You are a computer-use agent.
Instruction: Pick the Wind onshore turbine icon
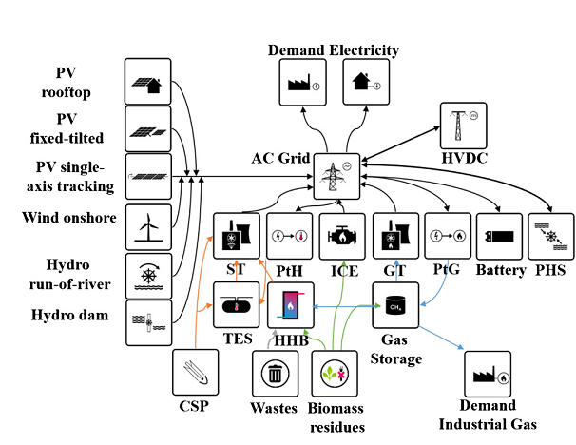coord(148,226)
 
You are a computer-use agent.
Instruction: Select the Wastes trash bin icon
coord(275,374)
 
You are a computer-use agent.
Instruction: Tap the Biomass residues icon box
coord(336,374)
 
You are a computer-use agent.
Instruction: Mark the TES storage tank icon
coord(235,305)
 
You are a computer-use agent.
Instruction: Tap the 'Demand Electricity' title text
coord(333,49)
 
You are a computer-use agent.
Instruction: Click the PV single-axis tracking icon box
coord(148,176)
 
